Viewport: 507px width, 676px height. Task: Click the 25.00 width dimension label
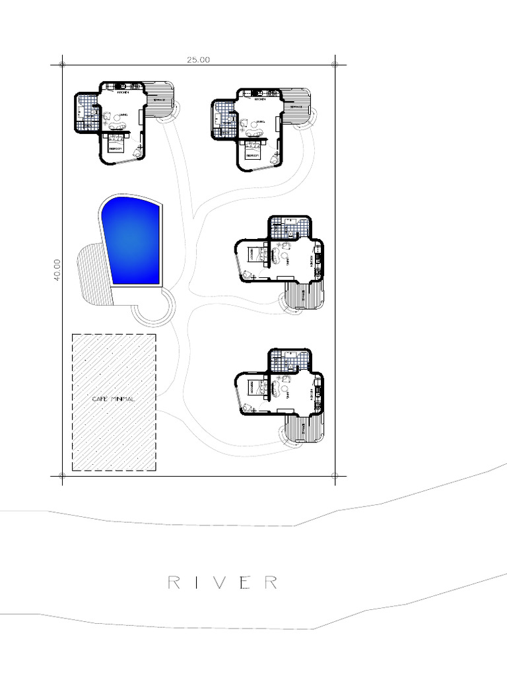(198, 59)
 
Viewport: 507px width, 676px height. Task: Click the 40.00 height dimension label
(57, 269)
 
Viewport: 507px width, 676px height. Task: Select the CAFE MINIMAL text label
(114, 399)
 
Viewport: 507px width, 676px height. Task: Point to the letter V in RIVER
(223, 582)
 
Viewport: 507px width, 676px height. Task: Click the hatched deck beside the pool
(92, 274)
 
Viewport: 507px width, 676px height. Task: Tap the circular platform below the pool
(154, 305)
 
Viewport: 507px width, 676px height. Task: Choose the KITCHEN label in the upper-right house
(260, 100)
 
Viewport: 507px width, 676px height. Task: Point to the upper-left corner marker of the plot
(62, 65)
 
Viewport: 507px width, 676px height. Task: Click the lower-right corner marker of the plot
(335, 475)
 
